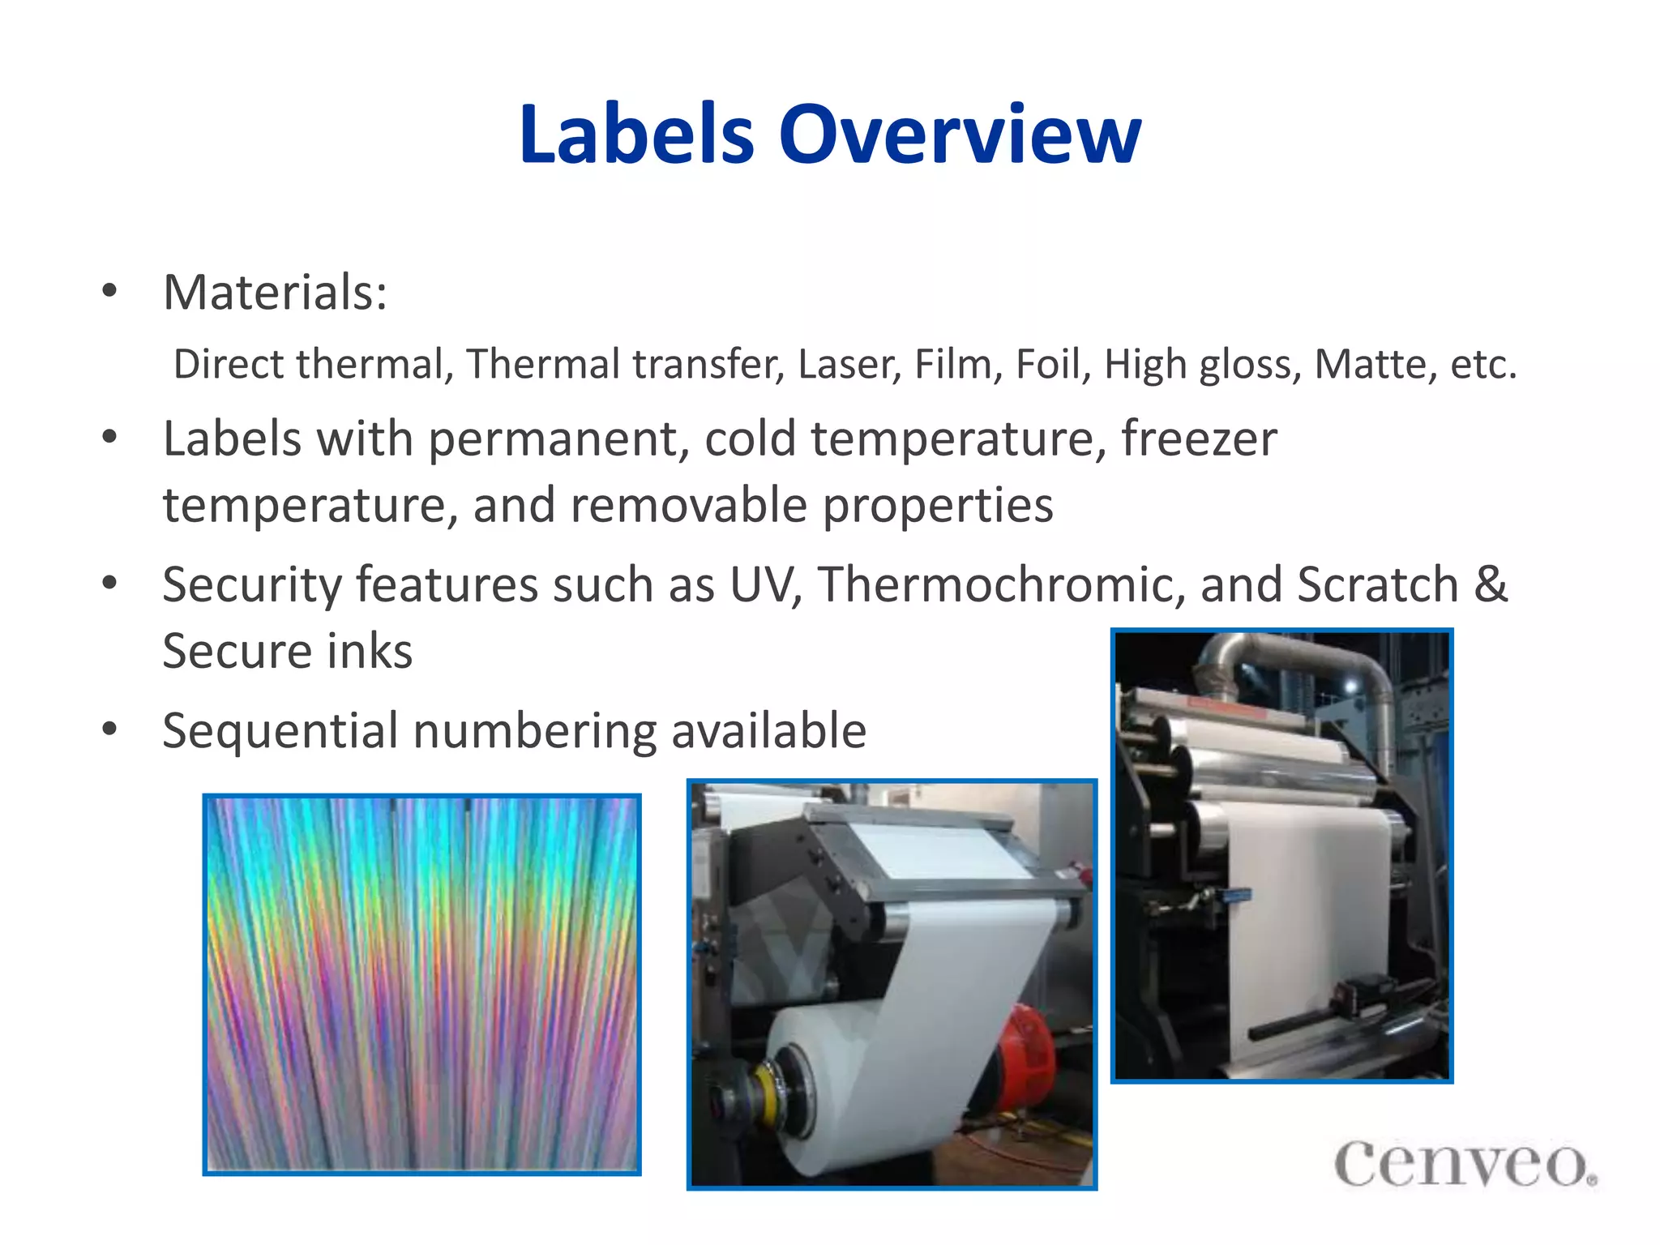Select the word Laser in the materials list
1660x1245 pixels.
point(848,364)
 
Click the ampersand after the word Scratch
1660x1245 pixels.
point(1490,584)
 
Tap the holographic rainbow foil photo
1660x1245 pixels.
point(421,984)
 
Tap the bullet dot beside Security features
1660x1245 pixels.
point(110,583)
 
